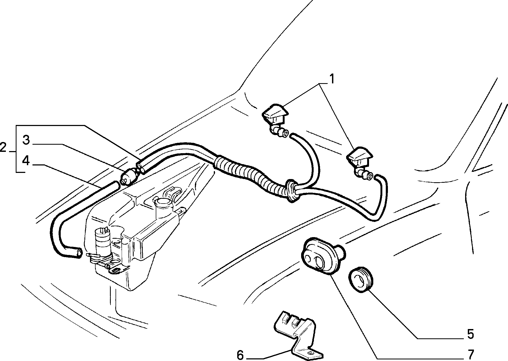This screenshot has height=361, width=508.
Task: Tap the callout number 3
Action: click(x=26, y=140)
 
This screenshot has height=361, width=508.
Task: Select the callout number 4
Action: click(x=26, y=161)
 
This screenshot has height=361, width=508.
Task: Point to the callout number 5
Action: click(x=471, y=334)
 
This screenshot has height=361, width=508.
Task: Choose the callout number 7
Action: click(x=471, y=354)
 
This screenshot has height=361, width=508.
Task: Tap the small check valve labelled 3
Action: click(x=129, y=176)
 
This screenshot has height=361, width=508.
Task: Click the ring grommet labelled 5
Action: click(x=361, y=279)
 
